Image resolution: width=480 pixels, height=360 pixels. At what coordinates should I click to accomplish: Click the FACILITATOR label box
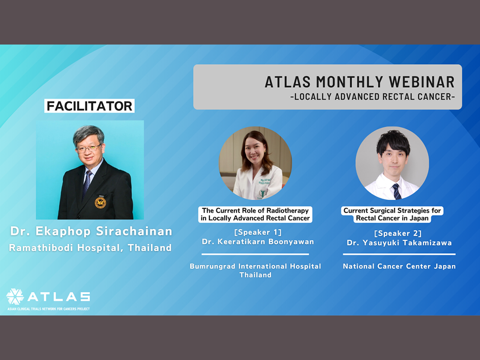[x=90, y=106]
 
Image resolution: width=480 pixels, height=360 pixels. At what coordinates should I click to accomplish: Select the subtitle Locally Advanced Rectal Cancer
[x=373, y=97]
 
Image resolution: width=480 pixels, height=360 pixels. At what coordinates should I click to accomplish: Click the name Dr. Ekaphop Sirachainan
[x=91, y=231]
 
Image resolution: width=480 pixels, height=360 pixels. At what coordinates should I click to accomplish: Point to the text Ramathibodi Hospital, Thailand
[x=90, y=247]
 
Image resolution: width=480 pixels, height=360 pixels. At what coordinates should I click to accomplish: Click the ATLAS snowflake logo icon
[x=15, y=296]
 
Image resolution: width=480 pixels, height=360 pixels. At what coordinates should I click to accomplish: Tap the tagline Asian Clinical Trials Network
[x=49, y=309]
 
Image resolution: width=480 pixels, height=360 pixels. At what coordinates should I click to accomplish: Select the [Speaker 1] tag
[x=258, y=232]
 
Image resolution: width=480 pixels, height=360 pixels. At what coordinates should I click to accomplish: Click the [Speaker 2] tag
[x=398, y=233]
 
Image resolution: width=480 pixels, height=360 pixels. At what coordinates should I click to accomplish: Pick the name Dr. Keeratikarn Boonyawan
[x=258, y=242]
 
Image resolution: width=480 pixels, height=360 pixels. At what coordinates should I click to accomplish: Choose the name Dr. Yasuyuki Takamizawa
[x=399, y=243]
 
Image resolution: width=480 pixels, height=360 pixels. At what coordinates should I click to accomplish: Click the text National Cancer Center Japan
[x=399, y=266]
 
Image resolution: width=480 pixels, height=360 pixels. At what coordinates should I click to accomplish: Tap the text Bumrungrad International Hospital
[x=255, y=266]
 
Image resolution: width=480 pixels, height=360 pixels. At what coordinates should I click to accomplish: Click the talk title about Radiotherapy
[x=255, y=214]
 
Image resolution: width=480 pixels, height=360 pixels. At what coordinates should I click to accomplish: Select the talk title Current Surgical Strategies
[x=392, y=214]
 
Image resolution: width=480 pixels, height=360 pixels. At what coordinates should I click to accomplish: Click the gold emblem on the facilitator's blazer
[x=100, y=202]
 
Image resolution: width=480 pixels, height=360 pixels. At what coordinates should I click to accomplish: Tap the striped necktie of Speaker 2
[x=397, y=192]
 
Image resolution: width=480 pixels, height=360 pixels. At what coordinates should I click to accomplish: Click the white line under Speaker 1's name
[x=255, y=254]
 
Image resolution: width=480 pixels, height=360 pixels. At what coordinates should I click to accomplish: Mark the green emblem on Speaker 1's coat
[x=262, y=194]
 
